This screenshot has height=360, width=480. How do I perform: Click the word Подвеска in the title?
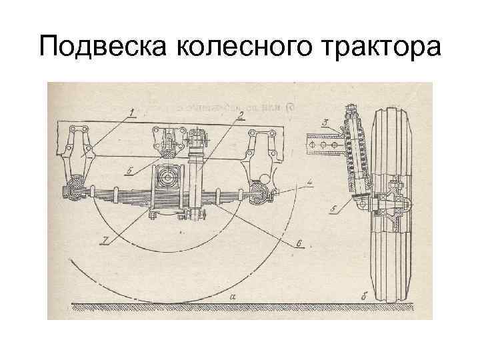pos(100,48)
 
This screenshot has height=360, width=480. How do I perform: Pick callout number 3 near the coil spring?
pos(324,122)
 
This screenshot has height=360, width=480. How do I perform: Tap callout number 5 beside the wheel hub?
pos(333,210)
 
